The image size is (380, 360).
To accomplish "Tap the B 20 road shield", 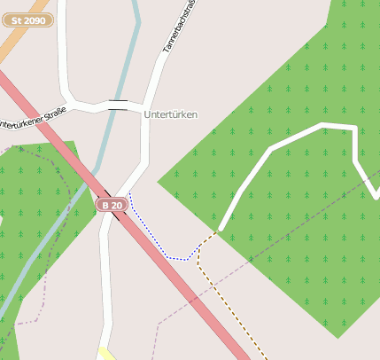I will [111, 205].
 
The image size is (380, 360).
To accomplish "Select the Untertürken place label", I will [170, 114].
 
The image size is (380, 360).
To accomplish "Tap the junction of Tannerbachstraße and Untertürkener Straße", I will [144, 108].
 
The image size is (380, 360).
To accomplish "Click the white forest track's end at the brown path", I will [220, 231].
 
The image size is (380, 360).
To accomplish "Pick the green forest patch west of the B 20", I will [35, 204].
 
